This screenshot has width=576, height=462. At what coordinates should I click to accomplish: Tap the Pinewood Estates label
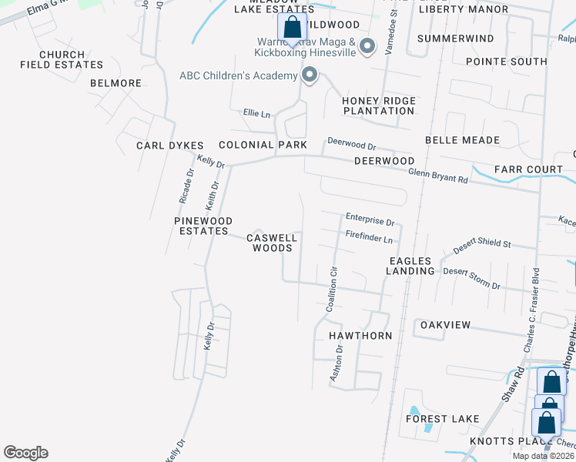(201, 226)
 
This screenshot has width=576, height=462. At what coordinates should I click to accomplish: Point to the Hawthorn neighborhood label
(360, 336)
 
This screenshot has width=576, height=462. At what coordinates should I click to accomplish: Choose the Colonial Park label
(263, 145)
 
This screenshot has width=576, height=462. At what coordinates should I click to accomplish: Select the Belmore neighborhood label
(116, 83)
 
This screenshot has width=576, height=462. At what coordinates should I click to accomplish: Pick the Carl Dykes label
(169, 146)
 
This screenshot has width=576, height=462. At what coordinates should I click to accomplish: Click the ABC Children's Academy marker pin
(310, 75)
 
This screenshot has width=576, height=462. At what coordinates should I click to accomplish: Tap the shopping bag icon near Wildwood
(292, 28)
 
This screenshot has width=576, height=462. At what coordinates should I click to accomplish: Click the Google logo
(25, 453)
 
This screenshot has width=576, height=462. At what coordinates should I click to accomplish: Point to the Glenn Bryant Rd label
(437, 176)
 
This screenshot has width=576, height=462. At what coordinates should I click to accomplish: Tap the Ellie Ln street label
(256, 114)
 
